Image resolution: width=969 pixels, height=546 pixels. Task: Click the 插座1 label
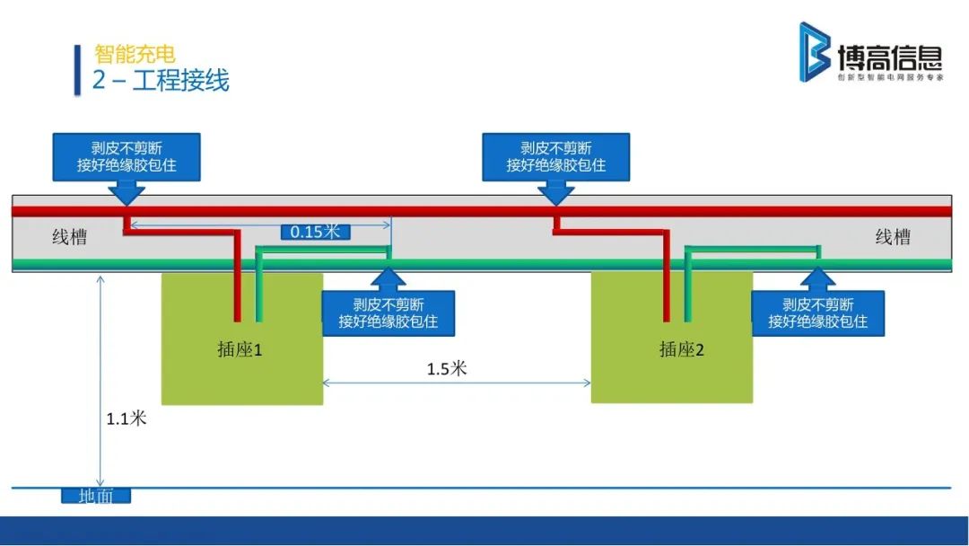pyautogui.click(x=240, y=349)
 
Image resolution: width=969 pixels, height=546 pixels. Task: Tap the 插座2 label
pyautogui.click(x=682, y=349)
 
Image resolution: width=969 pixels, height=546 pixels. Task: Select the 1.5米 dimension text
pyautogui.click(x=447, y=369)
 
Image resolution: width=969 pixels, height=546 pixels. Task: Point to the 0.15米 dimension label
pyautogui.click(x=315, y=232)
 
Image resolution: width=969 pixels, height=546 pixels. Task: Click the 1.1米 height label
pyautogui.click(x=126, y=418)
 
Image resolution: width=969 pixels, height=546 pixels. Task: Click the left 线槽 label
pyautogui.click(x=69, y=238)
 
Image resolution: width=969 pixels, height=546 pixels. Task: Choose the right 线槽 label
pyautogui.click(x=893, y=237)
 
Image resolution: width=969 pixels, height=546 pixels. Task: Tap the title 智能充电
pyautogui.click(x=135, y=54)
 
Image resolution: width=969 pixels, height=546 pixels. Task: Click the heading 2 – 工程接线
pyautogui.click(x=161, y=80)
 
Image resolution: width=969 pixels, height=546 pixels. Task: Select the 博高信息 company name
pyautogui.click(x=889, y=59)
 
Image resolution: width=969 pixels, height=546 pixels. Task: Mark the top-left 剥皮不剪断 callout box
pyautogui.click(x=127, y=157)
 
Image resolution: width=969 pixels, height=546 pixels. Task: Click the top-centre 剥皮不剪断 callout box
pyautogui.click(x=556, y=157)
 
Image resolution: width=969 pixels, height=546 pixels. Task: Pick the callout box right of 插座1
pyautogui.click(x=388, y=313)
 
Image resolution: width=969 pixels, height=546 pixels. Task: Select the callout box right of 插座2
pyautogui.click(x=818, y=313)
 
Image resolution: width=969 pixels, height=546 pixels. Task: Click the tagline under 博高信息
pyautogui.click(x=890, y=78)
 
